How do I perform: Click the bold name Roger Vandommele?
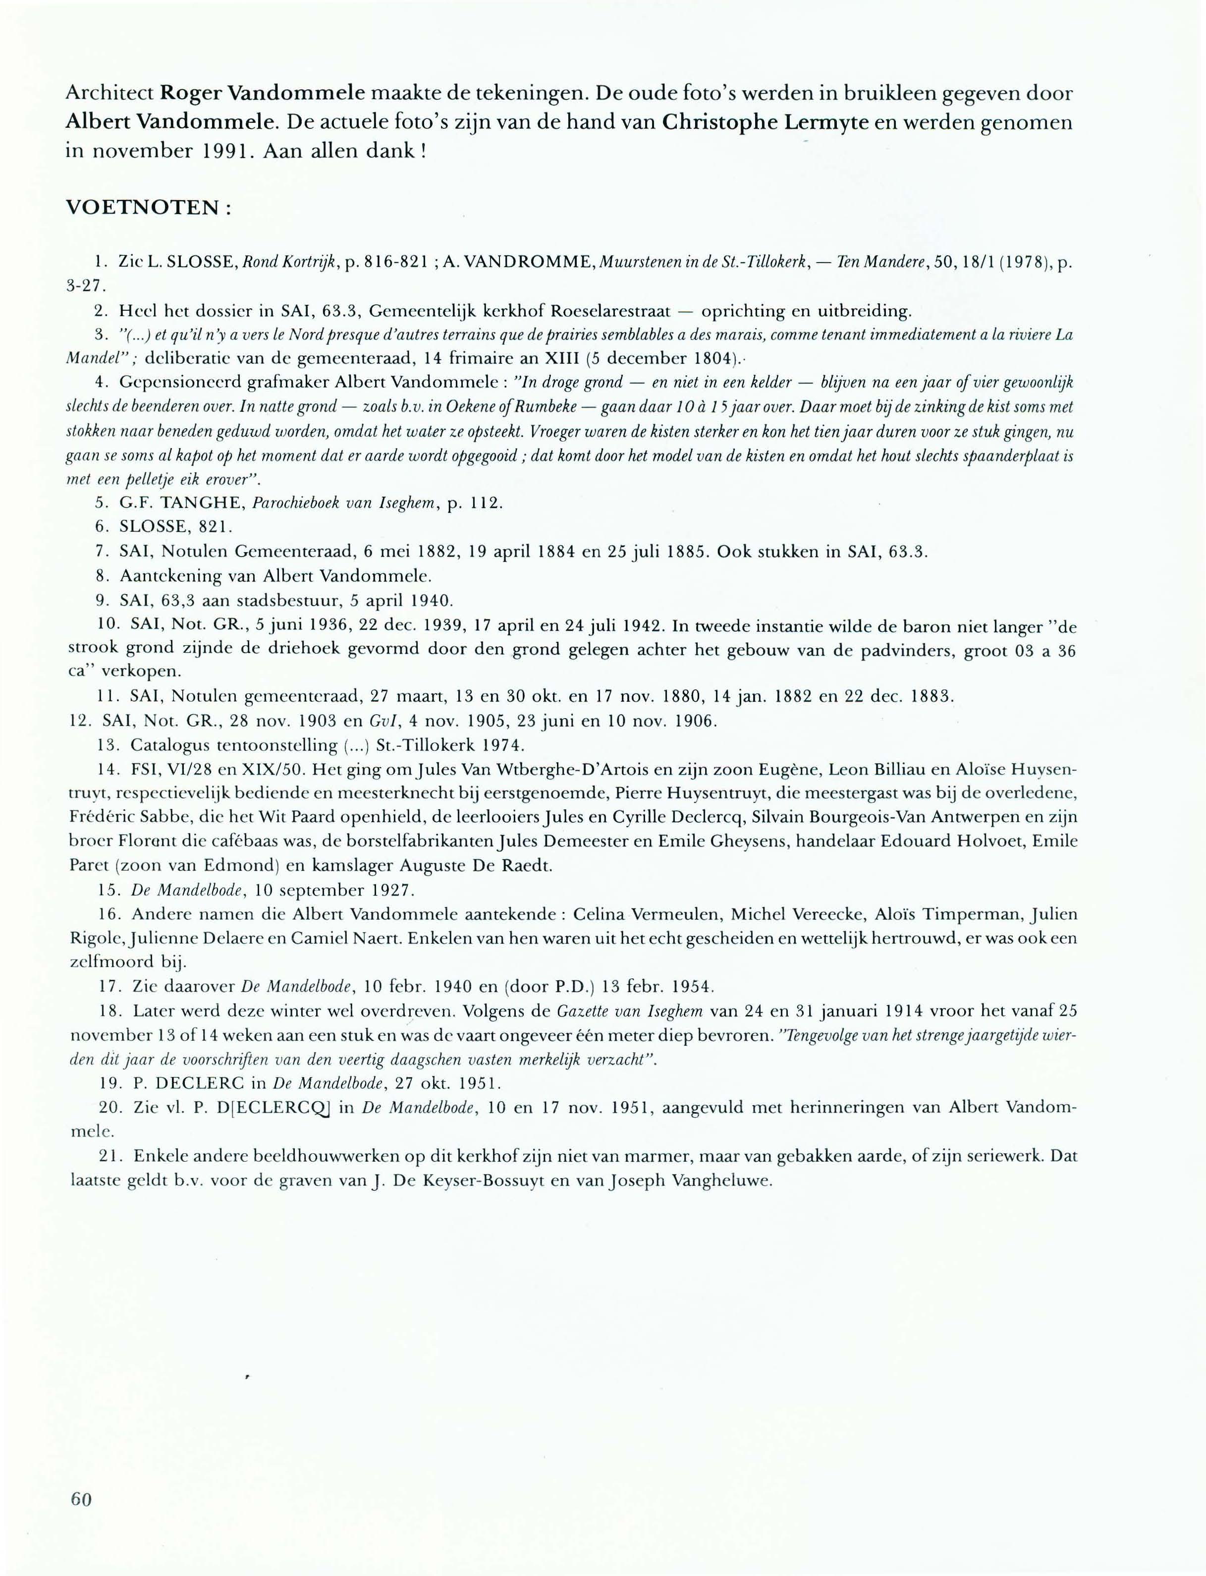coord(263,93)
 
